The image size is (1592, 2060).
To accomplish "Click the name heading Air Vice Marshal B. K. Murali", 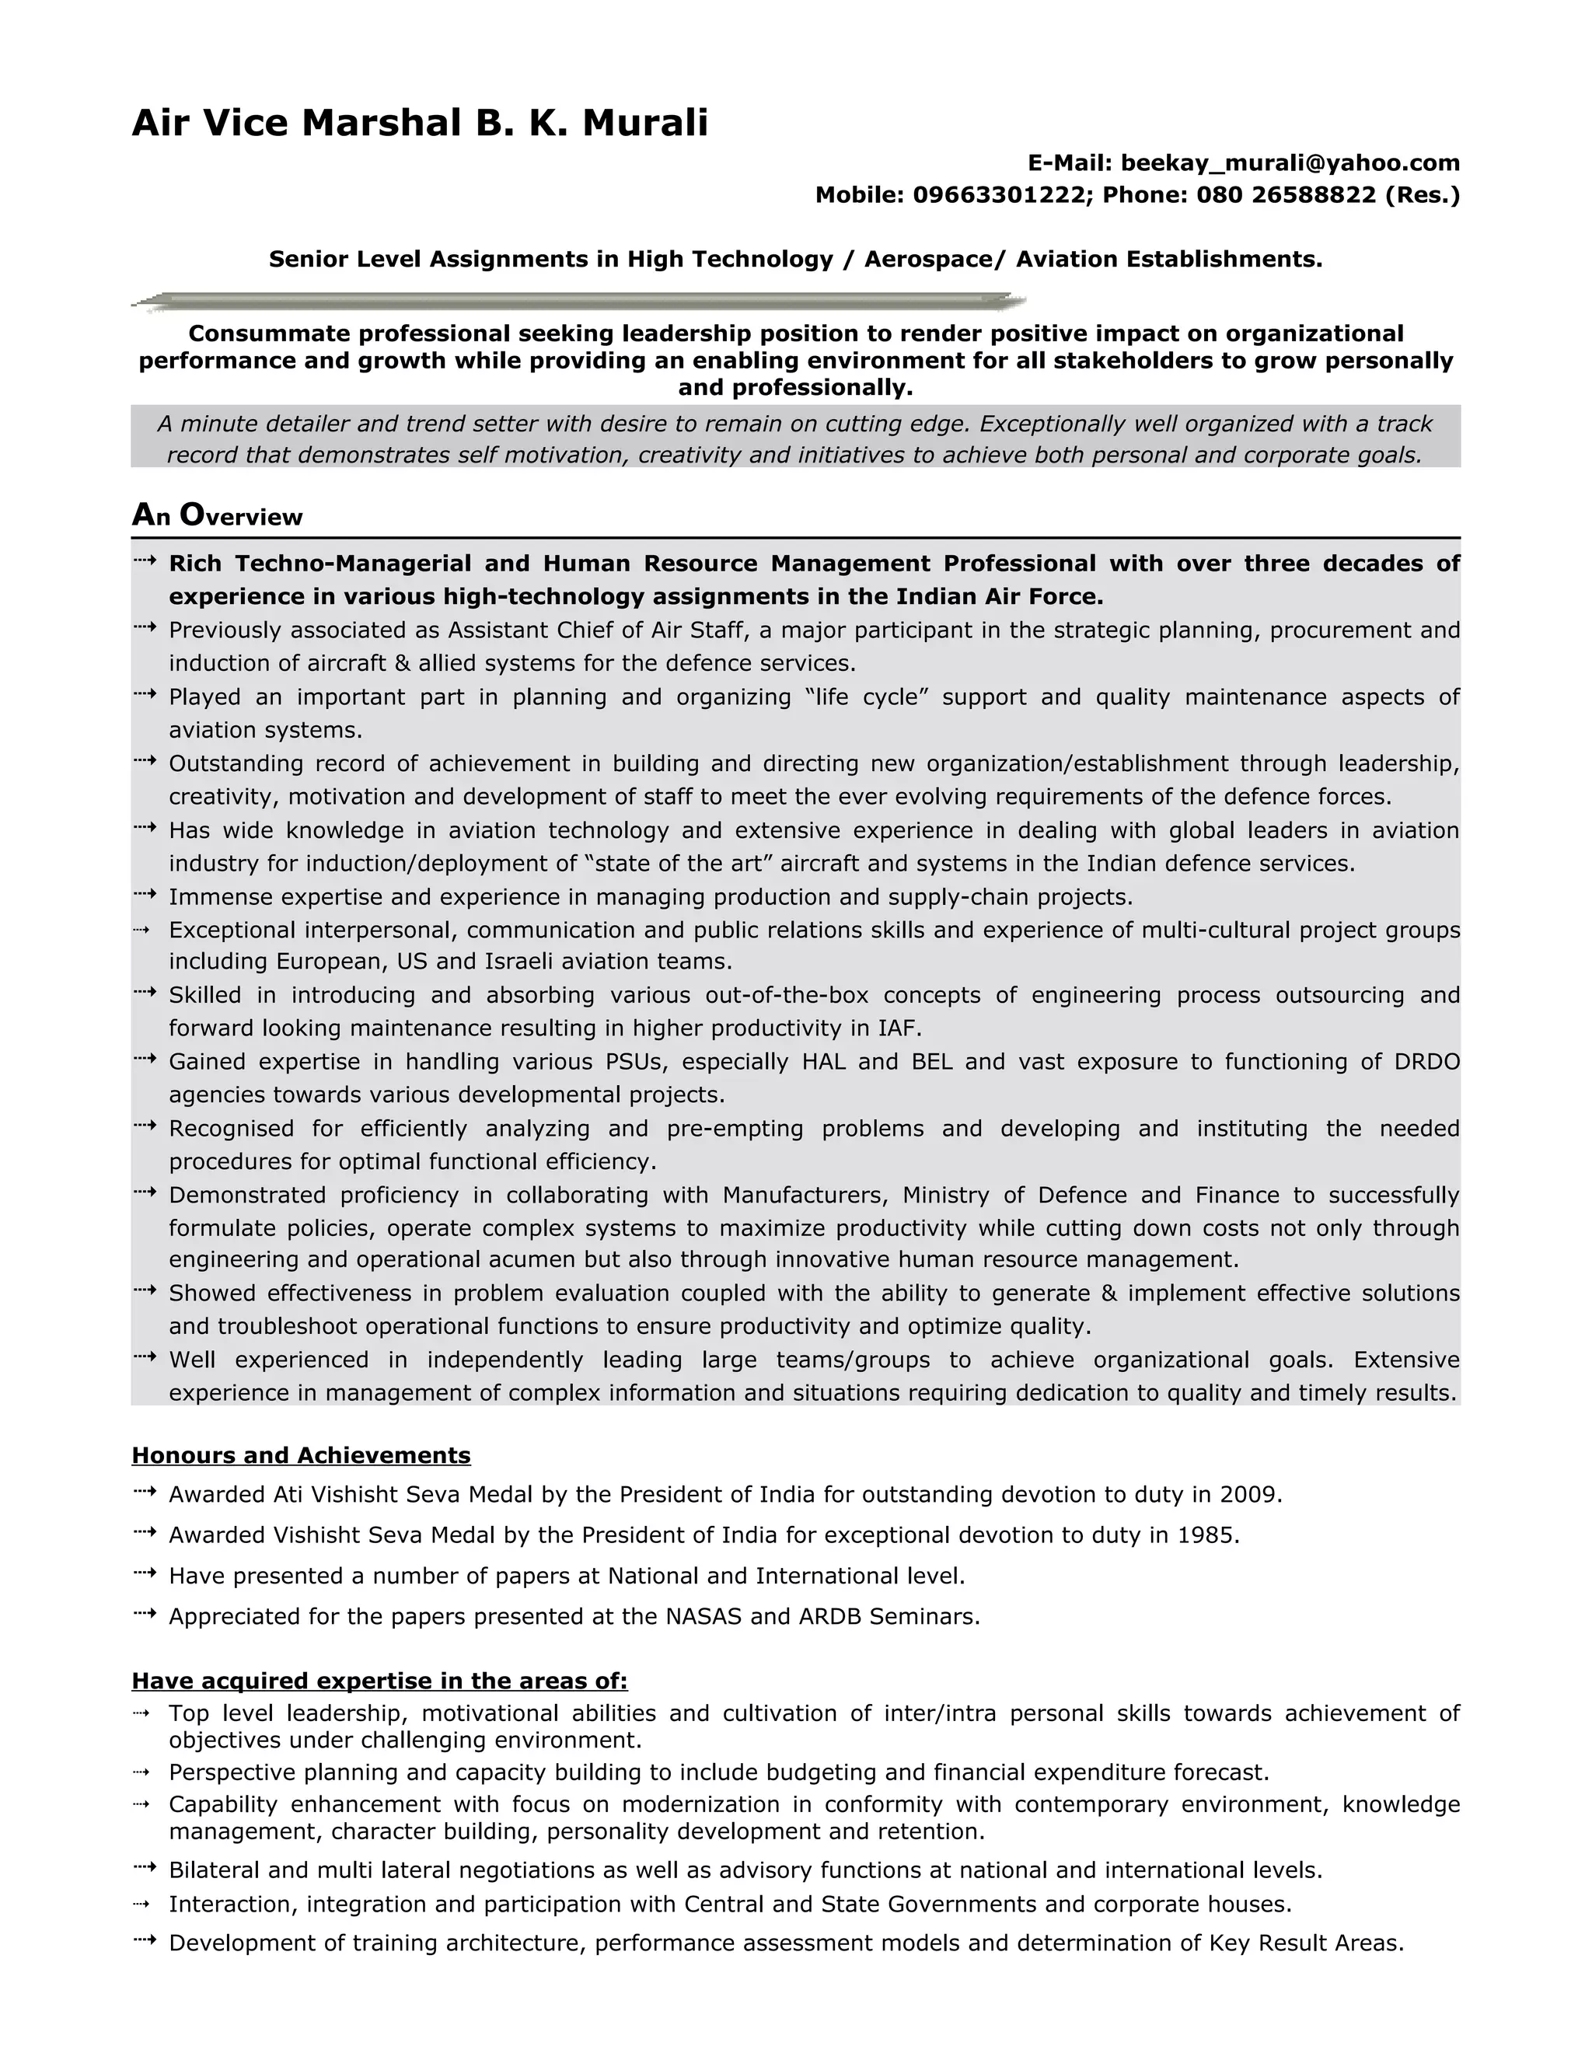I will [x=420, y=123].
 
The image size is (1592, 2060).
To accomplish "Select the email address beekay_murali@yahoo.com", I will [x=1290, y=163].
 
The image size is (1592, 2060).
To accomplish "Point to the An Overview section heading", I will [x=217, y=515].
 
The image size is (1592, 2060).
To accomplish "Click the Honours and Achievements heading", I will [x=301, y=1455].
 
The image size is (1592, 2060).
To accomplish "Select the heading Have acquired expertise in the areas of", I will [x=379, y=1681].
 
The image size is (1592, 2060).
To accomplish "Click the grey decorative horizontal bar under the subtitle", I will [x=578, y=302].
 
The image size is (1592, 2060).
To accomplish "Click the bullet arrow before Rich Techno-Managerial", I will [x=145, y=562].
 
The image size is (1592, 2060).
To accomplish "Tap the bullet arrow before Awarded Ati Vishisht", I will [x=145, y=1493].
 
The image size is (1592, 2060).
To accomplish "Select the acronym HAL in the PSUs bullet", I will [x=823, y=1062].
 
